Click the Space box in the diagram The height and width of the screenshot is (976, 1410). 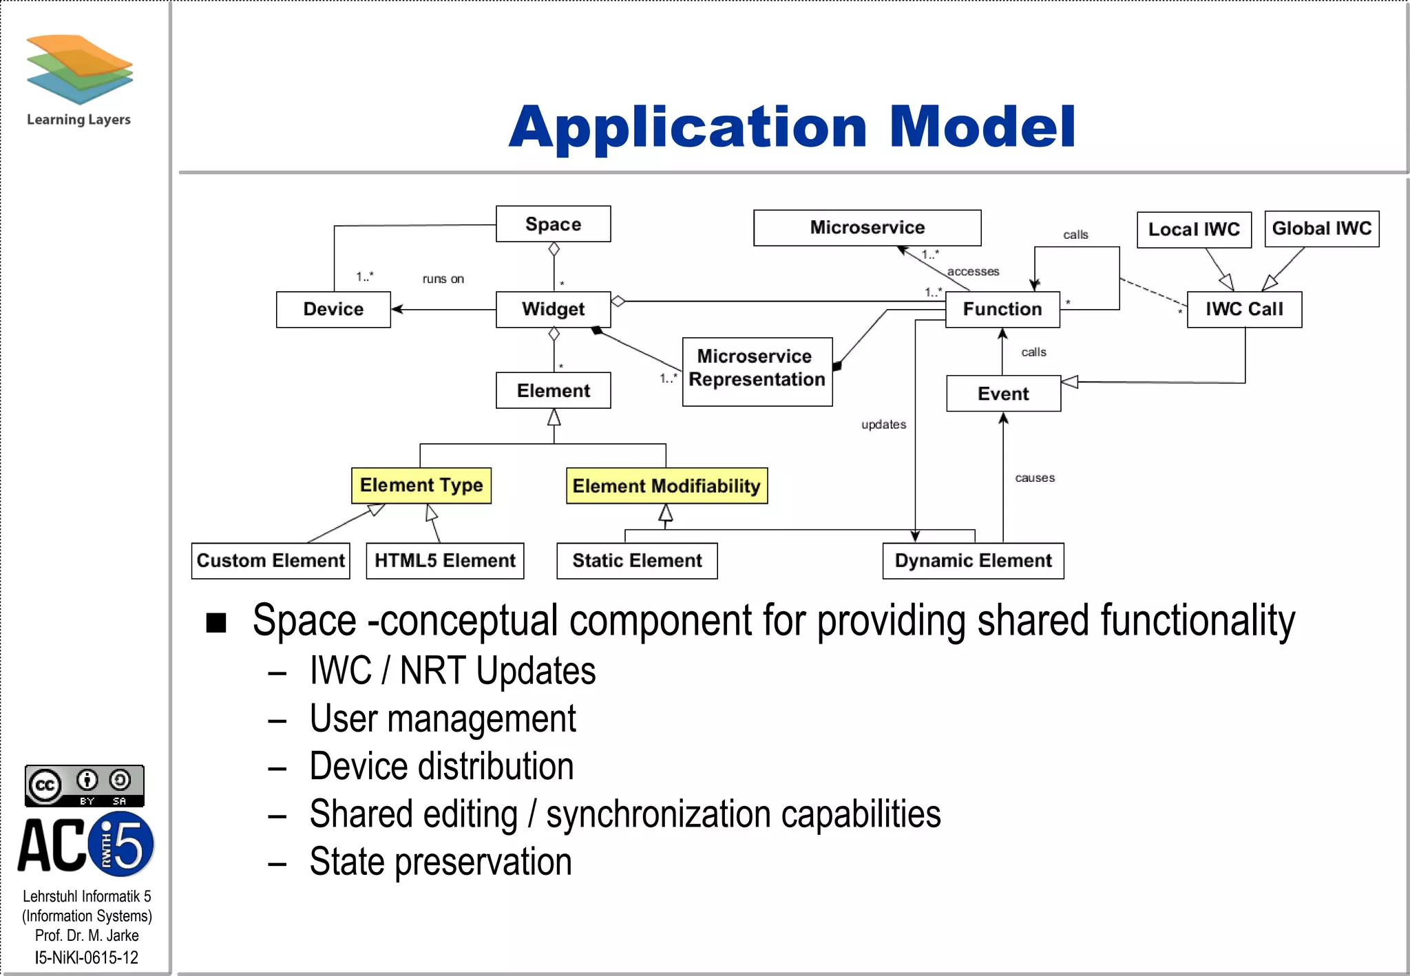click(x=553, y=224)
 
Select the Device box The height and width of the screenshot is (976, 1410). click(x=333, y=309)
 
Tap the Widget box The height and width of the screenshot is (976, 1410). click(x=553, y=309)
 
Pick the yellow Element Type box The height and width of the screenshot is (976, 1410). click(x=421, y=485)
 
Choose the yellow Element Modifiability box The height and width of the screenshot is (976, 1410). click(x=666, y=486)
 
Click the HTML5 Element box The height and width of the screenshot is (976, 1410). click(x=445, y=560)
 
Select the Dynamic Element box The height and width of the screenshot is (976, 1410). click(x=973, y=560)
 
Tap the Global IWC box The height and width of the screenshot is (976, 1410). click(x=1321, y=229)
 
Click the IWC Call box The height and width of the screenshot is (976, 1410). click(x=1244, y=309)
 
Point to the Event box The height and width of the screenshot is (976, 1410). click(x=1003, y=394)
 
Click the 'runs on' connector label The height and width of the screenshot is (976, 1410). click(x=443, y=279)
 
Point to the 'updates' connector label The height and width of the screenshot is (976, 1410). click(x=883, y=425)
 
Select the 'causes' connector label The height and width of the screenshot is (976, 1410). click(x=1034, y=478)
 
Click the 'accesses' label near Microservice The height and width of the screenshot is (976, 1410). click(x=973, y=272)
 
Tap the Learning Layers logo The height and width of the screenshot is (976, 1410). click(x=79, y=79)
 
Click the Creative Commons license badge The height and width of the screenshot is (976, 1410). click(x=84, y=785)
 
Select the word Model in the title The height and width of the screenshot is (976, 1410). click(x=982, y=127)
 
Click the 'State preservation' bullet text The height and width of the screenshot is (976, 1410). click(x=441, y=861)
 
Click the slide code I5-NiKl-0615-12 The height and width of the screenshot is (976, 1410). click(x=87, y=957)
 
